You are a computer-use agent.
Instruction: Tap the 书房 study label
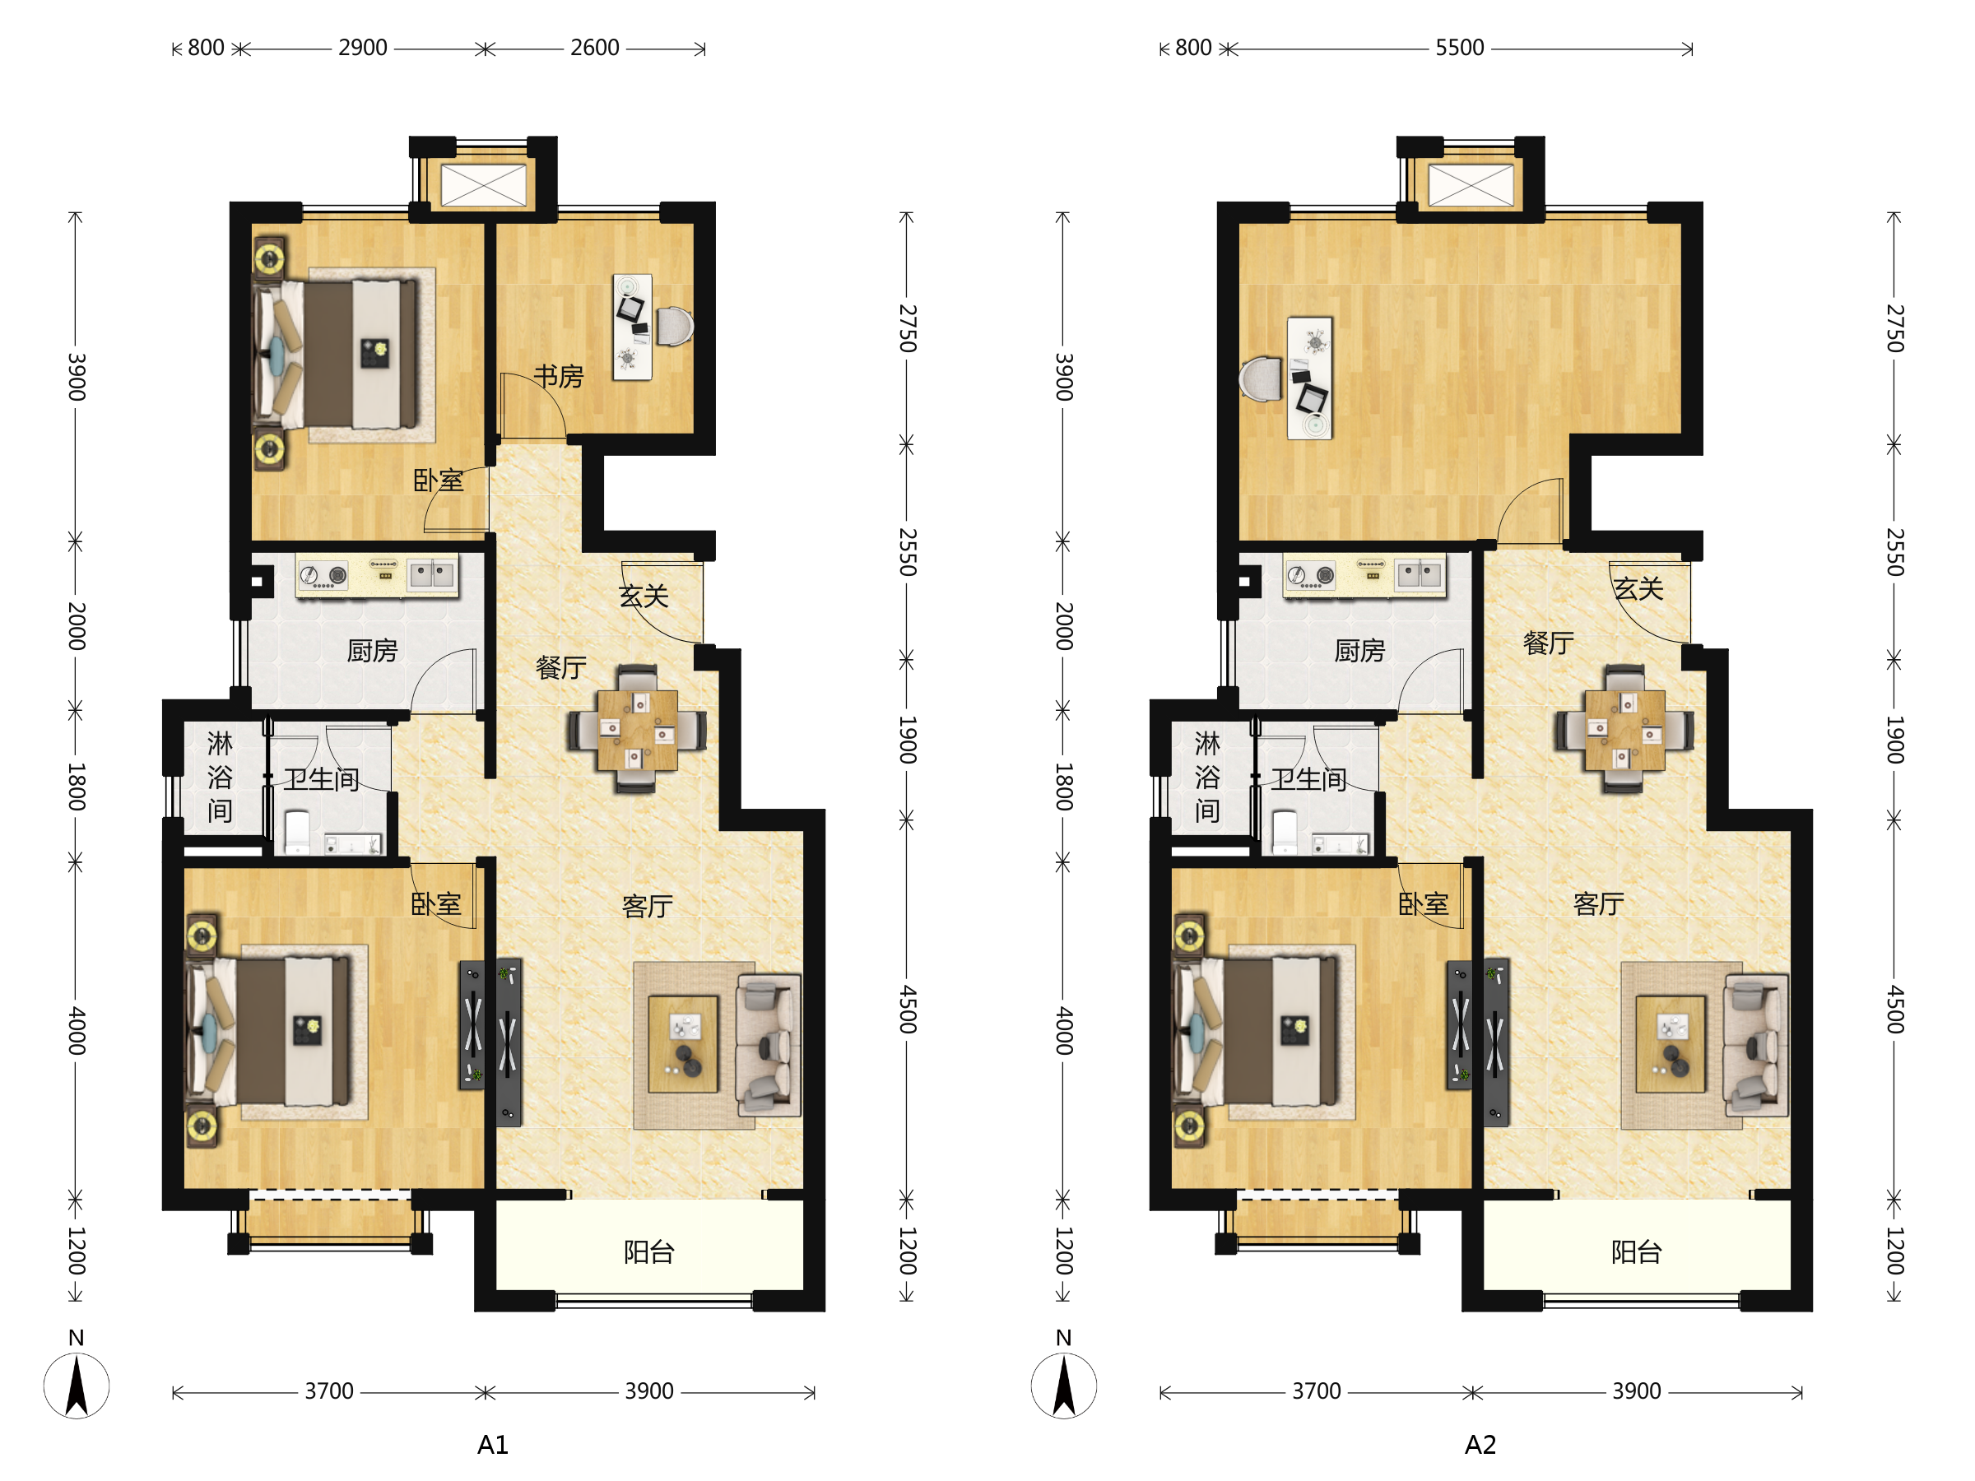(x=558, y=376)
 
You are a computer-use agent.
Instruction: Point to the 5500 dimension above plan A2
(x=1460, y=48)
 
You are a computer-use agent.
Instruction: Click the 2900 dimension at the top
(x=363, y=48)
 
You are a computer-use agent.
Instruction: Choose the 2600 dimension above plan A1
(x=595, y=48)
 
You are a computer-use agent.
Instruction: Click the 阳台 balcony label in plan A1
(x=648, y=1252)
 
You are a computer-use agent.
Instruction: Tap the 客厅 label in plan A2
(x=1598, y=904)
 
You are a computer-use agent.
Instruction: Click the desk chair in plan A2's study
(x=1261, y=378)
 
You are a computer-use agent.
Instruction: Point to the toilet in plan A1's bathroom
(x=297, y=832)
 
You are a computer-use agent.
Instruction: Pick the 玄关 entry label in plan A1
(x=644, y=596)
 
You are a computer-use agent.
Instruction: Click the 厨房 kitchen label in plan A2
(x=1359, y=650)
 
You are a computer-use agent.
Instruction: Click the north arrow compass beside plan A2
(x=1063, y=1385)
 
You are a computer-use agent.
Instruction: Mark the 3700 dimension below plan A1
(x=329, y=1390)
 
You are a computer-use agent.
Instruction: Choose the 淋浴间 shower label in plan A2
(x=1207, y=777)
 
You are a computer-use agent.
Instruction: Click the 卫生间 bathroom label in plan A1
(x=322, y=779)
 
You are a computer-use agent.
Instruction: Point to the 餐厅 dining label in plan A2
(x=1548, y=642)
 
